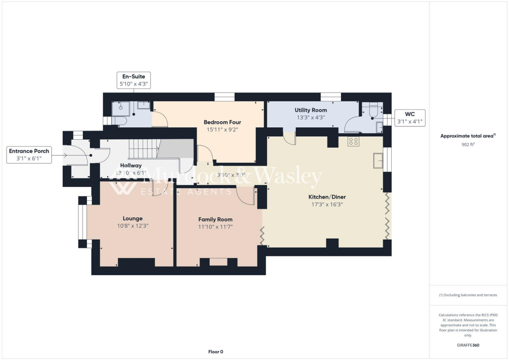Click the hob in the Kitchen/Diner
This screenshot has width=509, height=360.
353,141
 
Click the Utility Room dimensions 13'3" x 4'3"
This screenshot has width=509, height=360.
310,118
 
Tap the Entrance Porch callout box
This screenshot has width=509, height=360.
29,155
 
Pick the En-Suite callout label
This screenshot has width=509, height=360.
133,80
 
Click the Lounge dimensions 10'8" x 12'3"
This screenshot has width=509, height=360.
132,226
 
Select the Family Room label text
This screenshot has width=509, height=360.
215,219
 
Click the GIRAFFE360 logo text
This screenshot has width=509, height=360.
468,345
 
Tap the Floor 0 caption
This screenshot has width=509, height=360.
215,352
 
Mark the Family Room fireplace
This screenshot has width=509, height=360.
217,262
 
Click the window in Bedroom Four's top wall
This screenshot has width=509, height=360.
227,96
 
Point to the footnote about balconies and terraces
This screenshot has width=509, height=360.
468,295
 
